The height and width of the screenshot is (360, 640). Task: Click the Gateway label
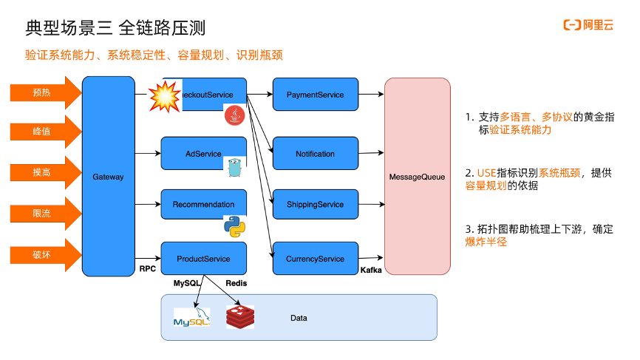coord(108,177)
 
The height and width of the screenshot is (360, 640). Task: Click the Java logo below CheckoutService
coord(234,115)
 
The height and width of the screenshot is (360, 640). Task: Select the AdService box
coord(203,154)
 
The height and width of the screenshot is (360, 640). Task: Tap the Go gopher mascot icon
coord(234,167)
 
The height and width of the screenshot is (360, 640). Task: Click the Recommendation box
coord(203,204)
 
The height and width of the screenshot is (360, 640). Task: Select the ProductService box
coord(203,259)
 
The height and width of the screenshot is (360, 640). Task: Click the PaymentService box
coord(315,95)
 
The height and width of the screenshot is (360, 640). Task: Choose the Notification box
coord(315,154)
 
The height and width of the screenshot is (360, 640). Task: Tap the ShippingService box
coord(315,204)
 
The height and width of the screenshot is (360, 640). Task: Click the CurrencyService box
coord(315,259)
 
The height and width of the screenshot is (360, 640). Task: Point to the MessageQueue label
coord(417,177)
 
